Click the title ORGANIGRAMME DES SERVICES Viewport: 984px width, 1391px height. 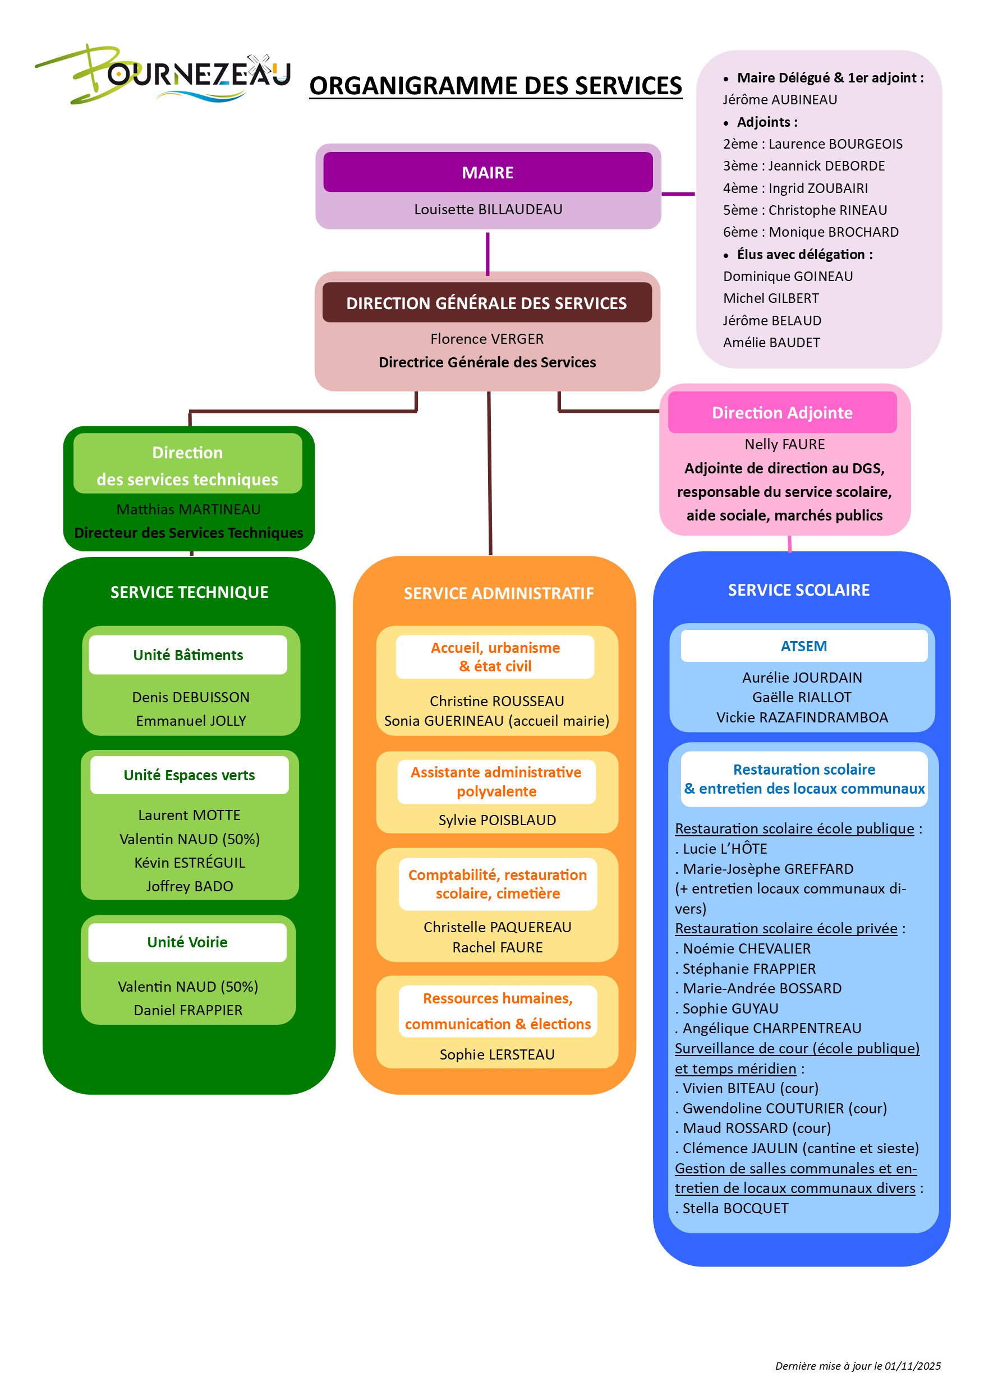495,85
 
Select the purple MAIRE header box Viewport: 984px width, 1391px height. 487,172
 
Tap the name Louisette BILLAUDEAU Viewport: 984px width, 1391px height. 488,209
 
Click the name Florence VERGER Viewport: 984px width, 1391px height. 486,339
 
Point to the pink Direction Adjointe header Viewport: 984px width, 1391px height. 781,413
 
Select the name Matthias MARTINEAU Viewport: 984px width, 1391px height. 188,509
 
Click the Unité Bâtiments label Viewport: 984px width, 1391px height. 188,655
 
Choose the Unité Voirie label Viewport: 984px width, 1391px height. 187,942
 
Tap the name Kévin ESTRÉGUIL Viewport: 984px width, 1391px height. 190,862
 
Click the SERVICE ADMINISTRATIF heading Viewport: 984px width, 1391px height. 498,593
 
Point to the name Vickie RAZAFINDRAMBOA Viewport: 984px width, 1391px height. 802,717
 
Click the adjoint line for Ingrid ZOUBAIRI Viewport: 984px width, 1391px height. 795,188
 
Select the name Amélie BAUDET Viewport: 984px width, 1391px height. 771,342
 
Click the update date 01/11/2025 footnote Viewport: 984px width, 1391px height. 857,1366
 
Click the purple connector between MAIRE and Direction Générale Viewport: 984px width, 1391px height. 487,253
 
